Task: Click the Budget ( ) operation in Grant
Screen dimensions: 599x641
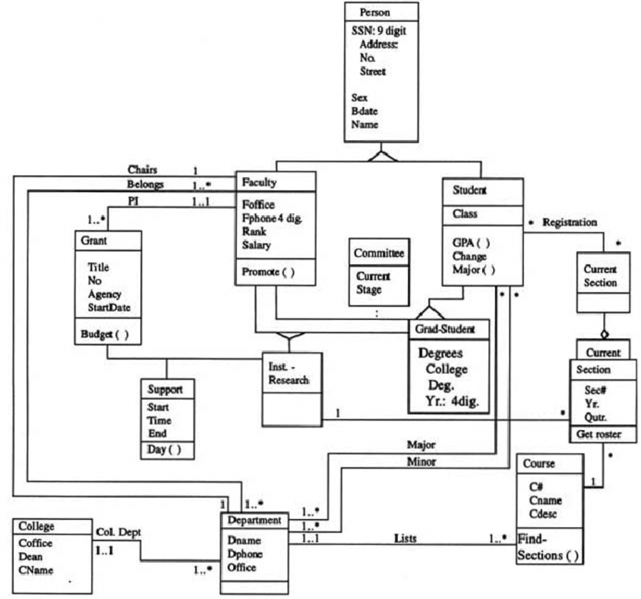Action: [x=105, y=335]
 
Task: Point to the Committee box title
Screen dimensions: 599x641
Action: [x=379, y=253]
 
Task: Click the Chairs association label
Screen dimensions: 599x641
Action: [x=142, y=170]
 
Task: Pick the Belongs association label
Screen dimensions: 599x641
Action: [x=145, y=184]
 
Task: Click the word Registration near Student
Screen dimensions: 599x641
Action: [x=570, y=222]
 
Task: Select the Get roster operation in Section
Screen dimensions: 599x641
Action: [x=599, y=435]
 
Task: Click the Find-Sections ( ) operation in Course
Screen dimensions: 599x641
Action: [x=548, y=548]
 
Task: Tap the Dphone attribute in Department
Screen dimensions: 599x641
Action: [x=244, y=554]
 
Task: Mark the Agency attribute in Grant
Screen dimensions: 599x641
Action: [x=103, y=294]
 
